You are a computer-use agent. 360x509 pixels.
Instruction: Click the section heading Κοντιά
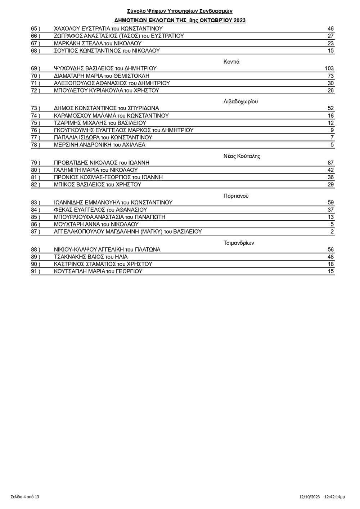(x=231, y=62)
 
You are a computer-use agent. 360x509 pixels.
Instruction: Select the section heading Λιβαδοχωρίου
(x=240, y=102)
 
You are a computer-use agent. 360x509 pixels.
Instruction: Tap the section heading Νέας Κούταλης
(x=242, y=156)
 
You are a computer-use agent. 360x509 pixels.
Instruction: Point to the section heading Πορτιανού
(x=236, y=196)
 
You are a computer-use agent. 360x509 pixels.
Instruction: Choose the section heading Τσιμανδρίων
(x=239, y=243)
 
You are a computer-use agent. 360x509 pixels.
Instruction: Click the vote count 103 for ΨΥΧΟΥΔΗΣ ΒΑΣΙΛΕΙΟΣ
(x=329, y=68)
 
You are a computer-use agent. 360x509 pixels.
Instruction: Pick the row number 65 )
(x=36, y=29)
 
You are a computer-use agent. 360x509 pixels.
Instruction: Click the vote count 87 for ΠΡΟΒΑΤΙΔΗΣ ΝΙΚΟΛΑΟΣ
(x=330, y=163)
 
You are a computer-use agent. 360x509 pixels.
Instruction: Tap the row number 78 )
(x=36, y=145)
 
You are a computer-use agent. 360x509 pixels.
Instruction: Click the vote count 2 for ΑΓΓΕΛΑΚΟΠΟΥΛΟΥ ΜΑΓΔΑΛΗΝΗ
(x=332, y=231)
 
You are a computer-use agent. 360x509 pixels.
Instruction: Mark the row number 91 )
(x=36, y=271)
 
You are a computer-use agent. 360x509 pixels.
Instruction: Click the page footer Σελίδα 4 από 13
(x=25, y=497)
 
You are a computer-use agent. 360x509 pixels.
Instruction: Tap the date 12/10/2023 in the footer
(x=309, y=497)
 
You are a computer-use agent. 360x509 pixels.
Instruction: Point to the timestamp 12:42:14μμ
(x=334, y=497)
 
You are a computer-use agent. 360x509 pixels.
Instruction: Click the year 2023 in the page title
(x=239, y=21)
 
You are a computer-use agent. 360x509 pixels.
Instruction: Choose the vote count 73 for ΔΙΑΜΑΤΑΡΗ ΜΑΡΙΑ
(x=330, y=76)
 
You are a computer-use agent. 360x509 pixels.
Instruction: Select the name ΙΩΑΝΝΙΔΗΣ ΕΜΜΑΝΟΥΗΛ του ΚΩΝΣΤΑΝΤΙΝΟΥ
(x=113, y=203)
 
